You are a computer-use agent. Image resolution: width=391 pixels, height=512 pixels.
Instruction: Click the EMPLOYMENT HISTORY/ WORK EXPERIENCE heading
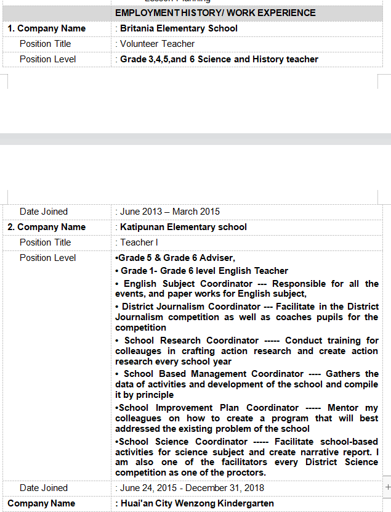tap(216, 13)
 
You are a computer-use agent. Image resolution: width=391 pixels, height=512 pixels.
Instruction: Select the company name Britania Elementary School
tap(179, 28)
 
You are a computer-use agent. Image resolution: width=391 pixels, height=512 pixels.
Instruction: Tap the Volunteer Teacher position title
tap(157, 44)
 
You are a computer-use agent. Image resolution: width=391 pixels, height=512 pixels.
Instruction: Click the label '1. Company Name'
tap(47, 28)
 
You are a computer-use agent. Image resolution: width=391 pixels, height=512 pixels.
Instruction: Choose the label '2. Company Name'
tap(47, 227)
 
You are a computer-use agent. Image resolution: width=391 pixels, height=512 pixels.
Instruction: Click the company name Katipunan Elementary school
tap(183, 227)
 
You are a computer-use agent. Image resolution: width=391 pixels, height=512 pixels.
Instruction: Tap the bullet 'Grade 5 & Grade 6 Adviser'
tap(175, 258)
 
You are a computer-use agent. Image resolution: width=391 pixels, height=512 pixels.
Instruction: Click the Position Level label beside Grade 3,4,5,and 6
tap(48, 59)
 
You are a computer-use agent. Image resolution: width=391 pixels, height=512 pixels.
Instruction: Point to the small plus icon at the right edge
tap(387, 487)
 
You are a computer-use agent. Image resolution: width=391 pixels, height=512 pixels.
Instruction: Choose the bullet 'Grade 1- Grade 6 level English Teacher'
tap(202, 271)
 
